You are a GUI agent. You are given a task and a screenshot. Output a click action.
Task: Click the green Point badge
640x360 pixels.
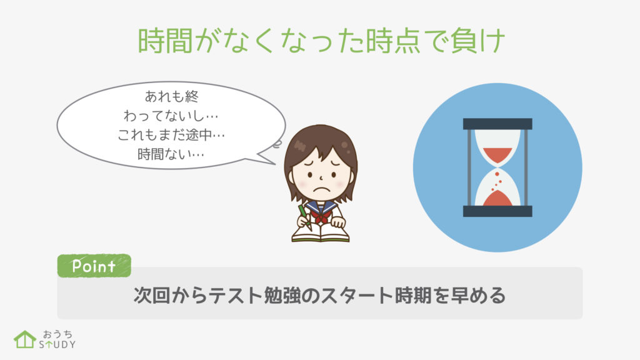(x=94, y=266)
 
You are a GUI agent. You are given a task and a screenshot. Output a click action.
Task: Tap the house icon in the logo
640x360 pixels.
(x=25, y=339)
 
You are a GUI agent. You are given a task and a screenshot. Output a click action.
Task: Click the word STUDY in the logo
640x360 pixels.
(x=57, y=344)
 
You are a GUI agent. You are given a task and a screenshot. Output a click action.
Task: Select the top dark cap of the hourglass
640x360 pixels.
(x=497, y=124)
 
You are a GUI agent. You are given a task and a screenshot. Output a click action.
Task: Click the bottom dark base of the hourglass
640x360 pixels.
(x=497, y=211)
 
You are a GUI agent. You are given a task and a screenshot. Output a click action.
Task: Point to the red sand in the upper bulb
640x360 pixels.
(x=497, y=155)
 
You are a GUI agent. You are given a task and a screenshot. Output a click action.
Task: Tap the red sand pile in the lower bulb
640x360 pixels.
(x=497, y=199)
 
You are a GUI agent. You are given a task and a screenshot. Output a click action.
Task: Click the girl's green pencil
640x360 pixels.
(x=304, y=217)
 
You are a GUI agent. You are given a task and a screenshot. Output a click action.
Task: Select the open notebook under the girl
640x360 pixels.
(x=321, y=233)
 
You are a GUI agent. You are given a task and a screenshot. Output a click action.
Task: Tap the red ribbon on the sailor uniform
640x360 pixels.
(x=321, y=216)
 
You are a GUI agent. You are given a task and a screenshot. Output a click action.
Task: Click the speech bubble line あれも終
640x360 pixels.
(x=172, y=96)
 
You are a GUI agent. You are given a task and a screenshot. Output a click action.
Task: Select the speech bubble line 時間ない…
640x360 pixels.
(x=171, y=154)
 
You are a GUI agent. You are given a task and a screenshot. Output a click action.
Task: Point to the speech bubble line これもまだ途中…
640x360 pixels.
(x=171, y=135)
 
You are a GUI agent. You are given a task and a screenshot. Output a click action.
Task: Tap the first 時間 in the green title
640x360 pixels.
(x=165, y=41)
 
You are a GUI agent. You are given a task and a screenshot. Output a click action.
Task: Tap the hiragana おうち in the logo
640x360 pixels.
(x=57, y=334)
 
